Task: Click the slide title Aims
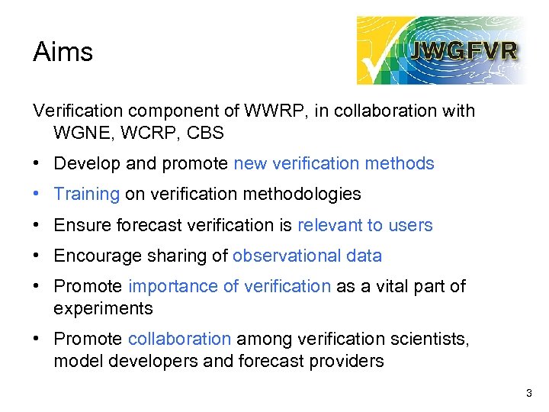point(63,52)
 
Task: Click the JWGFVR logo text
point(464,51)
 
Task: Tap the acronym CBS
point(205,133)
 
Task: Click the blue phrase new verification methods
point(334,163)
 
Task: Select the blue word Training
point(86,194)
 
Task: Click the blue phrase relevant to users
point(364,225)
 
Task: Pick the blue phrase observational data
point(307,256)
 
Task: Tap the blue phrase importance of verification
point(229,286)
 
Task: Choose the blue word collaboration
point(179,339)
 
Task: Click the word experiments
point(103,308)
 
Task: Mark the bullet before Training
point(38,194)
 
